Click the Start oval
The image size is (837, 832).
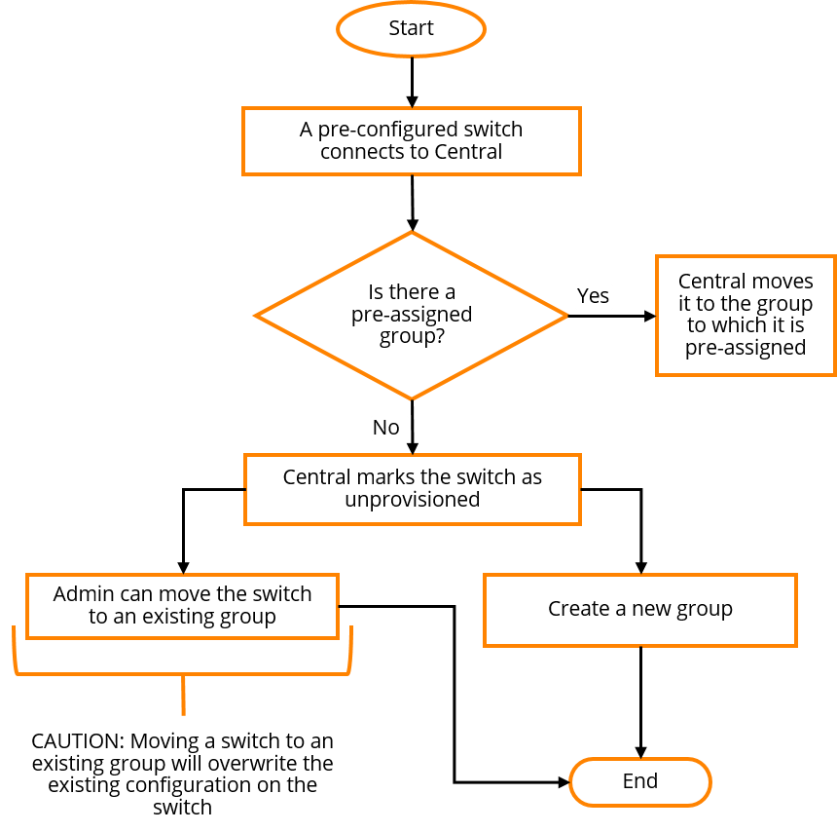[411, 29]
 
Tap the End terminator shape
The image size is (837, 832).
[640, 781]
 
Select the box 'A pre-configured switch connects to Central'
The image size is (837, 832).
[412, 141]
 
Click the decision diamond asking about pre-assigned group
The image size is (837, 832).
[411, 316]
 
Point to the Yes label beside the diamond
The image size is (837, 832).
[593, 295]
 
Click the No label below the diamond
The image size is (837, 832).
[386, 428]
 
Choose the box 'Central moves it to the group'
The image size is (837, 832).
[746, 316]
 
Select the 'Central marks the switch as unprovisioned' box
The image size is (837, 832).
[412, 489]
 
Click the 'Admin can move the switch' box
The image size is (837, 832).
[183, 607]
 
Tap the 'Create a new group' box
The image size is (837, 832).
[640, 610]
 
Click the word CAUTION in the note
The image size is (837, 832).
[78, 741]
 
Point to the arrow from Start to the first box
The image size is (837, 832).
[412, 82]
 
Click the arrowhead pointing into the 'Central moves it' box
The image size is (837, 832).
[649, 316]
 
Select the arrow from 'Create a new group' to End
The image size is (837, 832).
[640, 702]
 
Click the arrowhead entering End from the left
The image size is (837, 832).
[564, 782]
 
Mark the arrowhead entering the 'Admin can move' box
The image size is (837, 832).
[183, 568]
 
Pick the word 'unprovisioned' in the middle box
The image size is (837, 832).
[412, 500]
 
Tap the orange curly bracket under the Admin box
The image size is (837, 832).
[183, 674]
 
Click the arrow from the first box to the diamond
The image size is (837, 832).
[412, 203]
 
